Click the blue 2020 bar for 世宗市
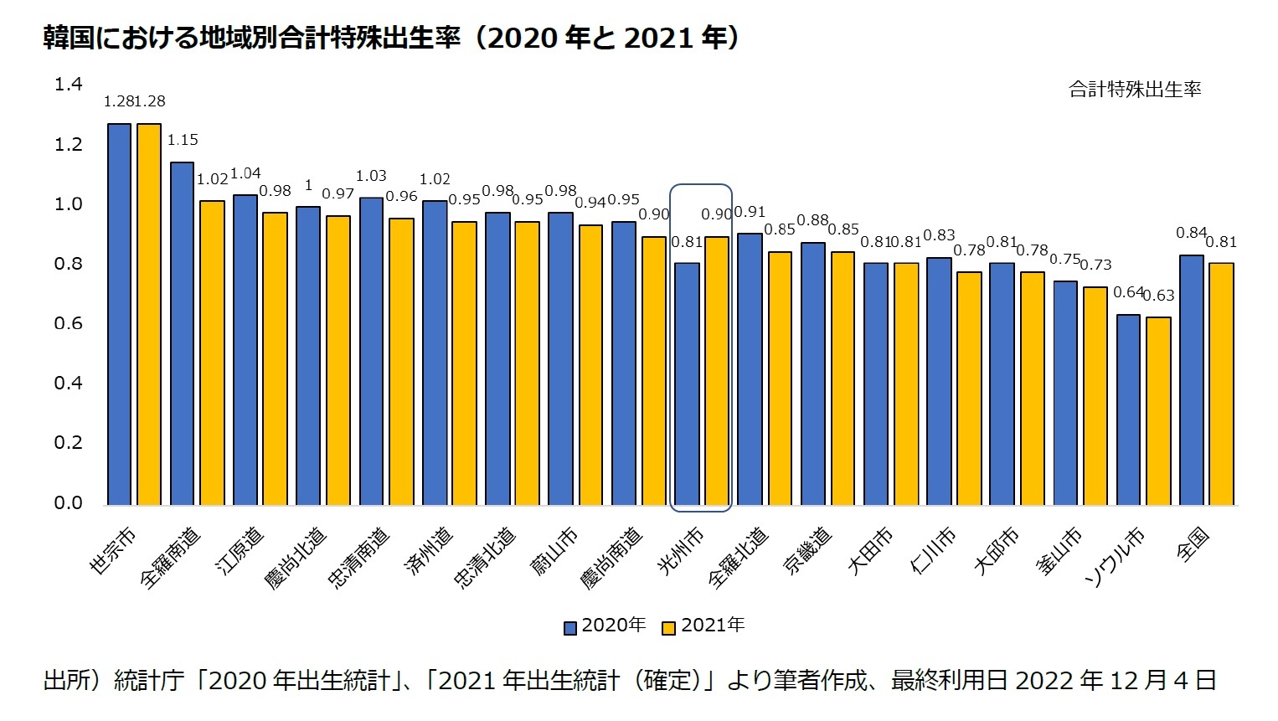[119, 314]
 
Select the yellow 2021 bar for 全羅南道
[212, 353]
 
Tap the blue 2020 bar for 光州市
[687, 384]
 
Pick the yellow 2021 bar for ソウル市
[1159, 410]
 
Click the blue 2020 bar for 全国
[1191, 379]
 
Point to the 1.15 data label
[183, 140]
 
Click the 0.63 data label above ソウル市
[1159, 296]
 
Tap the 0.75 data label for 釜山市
[1064, 260]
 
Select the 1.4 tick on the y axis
[69, 84]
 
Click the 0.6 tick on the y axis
[69, 323]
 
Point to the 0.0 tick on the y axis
[69, 502]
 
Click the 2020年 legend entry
[605, 626]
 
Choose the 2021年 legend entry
[703, 626]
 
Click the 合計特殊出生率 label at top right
[1134, 90]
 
